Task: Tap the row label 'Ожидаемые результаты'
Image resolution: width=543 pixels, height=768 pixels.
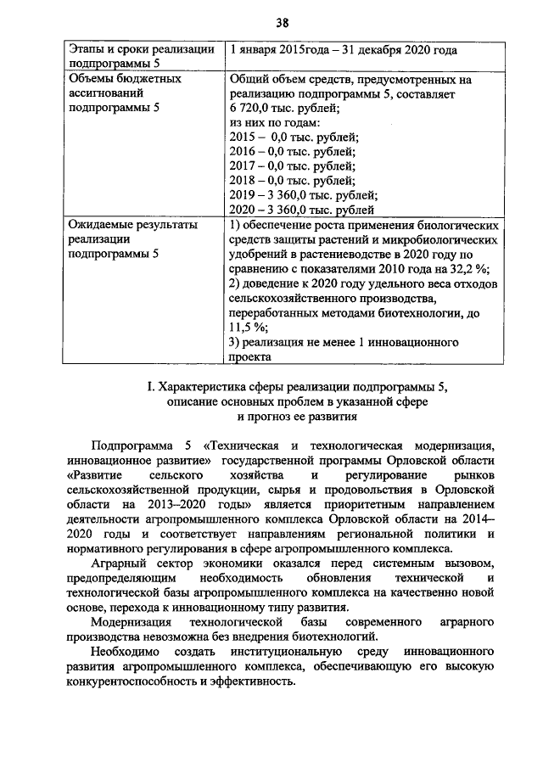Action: point(133,225)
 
